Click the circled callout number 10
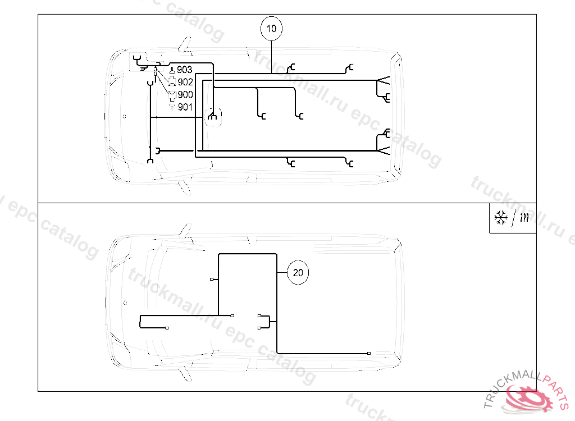(x=271, y=29)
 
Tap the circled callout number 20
(x=298, y=272)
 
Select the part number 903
(x=184, y=70)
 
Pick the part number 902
(x=185, y=82)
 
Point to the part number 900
(x=185, y=95)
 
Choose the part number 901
(x=185, y=107)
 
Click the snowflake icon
(x=501, y=217)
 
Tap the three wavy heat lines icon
(x=525, y=218)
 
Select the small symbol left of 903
(x=172, y=70)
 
